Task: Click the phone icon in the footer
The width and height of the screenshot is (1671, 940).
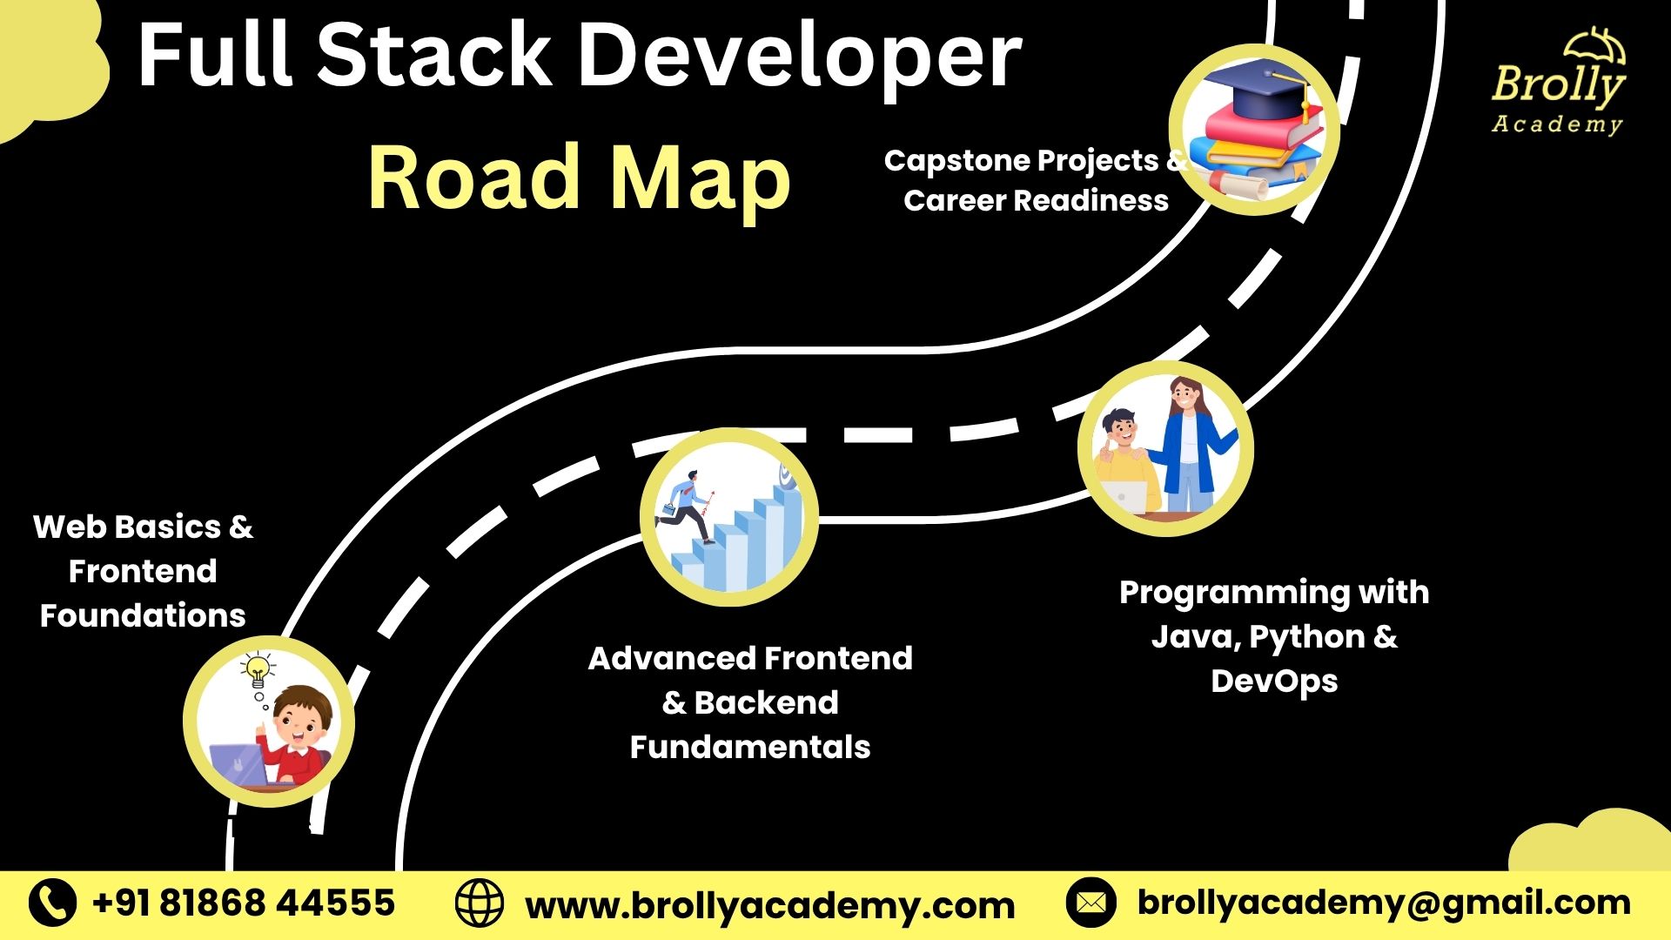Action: click(x=52, y=903)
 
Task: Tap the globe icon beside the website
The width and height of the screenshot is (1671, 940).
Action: click(x=479, y=903)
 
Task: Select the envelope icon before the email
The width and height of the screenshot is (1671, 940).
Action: click(x=1091, y=903)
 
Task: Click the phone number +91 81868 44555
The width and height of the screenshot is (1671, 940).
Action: click(x=244, y=903)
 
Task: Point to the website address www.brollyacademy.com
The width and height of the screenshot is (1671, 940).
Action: click(x=769, y=905)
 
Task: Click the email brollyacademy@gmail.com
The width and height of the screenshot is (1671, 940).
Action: click(x=1384, y=903)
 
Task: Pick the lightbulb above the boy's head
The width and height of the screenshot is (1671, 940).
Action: click(x=258, y=671)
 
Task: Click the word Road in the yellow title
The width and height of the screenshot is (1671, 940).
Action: click(x=474, y=178)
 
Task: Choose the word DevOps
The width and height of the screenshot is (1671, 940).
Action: click(x=1273, y=681)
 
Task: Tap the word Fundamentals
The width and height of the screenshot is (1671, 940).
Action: click(x=749, y=747)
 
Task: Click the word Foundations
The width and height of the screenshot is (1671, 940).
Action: click(x=143, y=615)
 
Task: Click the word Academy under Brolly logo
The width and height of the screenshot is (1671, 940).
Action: click(x=1557, y=124)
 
